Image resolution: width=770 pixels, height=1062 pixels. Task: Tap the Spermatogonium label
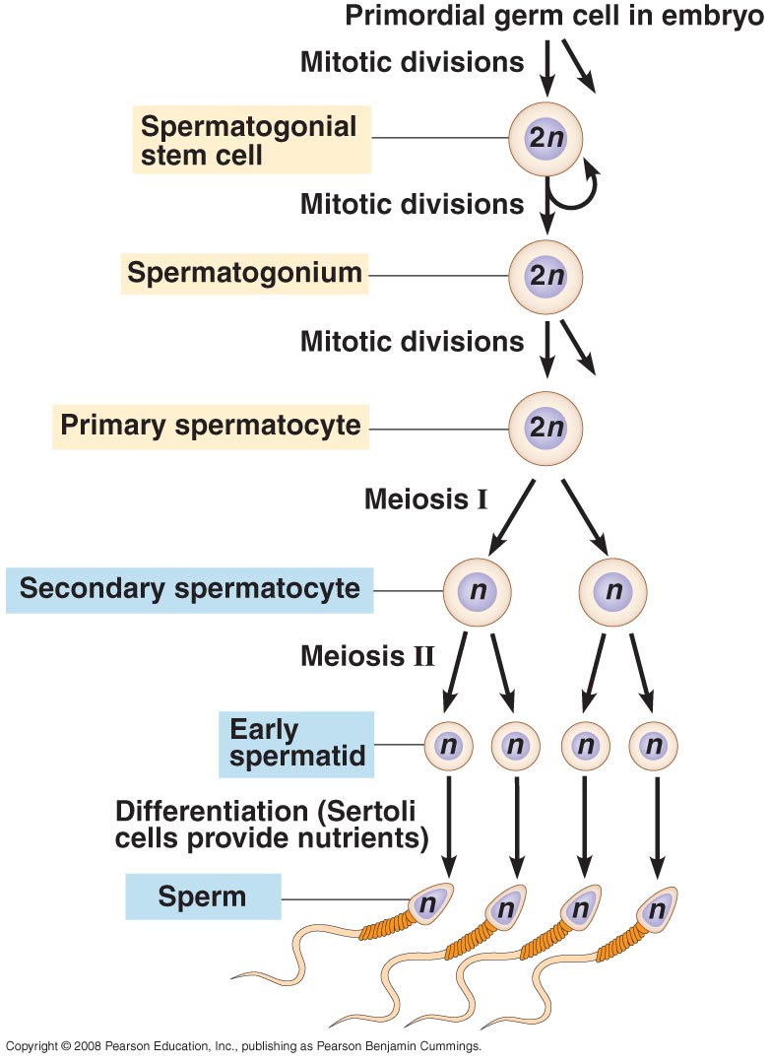(x=244, y=273)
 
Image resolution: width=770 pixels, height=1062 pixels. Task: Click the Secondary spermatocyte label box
(x=189, y=589)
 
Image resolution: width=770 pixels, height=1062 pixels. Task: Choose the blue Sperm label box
(x=202, y=897)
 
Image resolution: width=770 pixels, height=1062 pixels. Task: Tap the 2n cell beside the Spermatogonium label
(x=545, y=276)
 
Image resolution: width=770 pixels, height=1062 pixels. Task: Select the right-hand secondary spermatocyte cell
(x=615, y=591)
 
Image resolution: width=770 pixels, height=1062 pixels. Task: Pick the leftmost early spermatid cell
(x=449, y=746)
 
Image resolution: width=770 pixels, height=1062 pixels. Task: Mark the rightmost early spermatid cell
(x=654, y=746)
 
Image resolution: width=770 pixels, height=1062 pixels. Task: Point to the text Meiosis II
(x=367, y=655)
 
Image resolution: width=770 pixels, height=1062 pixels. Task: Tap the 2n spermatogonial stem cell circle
(x=545, y=139)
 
